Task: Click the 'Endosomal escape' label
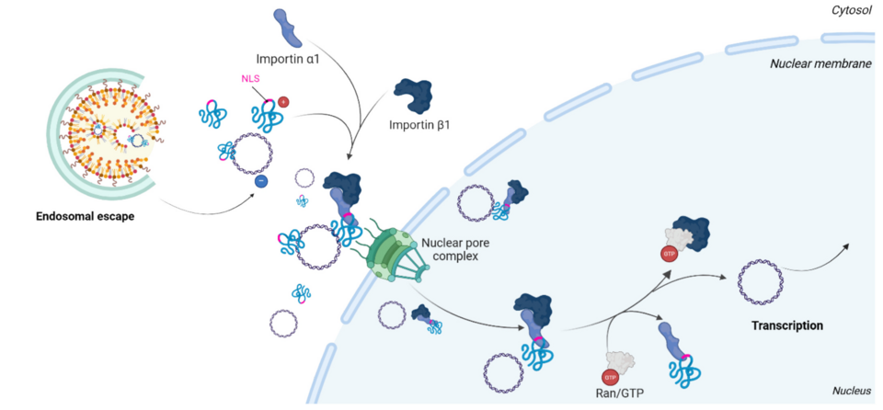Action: pos(86,217)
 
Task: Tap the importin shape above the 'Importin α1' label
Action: pos(288,27)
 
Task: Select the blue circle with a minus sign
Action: pos(260,181)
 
